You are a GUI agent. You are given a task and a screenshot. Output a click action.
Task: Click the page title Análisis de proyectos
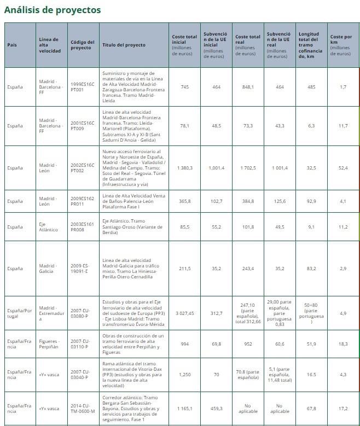(x=53, y=10)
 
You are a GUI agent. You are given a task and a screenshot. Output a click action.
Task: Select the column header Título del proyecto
(x=124, y=45)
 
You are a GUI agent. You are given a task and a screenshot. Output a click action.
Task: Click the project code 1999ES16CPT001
(x=83, y=87)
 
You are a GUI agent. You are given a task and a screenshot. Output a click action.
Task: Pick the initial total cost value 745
(x=184, y=87)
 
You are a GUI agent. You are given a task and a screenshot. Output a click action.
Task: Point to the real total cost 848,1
(x=248, y=87)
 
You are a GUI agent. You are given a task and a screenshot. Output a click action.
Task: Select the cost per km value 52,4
(x=342, y=168)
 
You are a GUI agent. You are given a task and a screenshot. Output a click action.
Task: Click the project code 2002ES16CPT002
(x=83, y=168)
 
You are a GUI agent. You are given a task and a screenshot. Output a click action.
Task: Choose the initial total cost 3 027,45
(x=184, y=313)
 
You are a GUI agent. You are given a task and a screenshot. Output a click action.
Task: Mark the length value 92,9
(x=311, y=201)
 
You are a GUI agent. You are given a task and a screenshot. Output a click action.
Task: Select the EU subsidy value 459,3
(x=216, y=409)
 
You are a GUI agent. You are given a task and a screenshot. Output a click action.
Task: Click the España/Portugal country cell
(x=19, y=313)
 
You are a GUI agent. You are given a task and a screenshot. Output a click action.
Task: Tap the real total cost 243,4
(x=248, y=269)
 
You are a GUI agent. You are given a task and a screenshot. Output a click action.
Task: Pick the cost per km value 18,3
(x=342, y=344)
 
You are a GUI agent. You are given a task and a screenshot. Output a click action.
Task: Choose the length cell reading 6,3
(x=311, y=126)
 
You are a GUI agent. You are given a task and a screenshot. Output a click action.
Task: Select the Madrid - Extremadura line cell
(x=49, y=313)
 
